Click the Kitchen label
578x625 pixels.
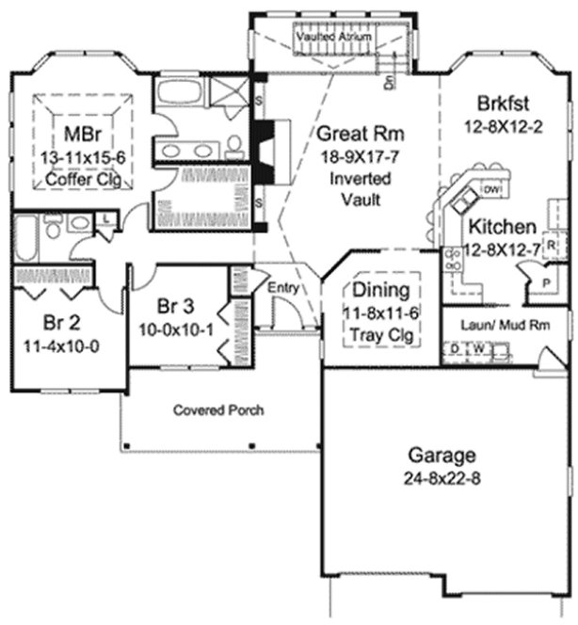tap(503, 227)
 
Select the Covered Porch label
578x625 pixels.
tap(217, 410)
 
